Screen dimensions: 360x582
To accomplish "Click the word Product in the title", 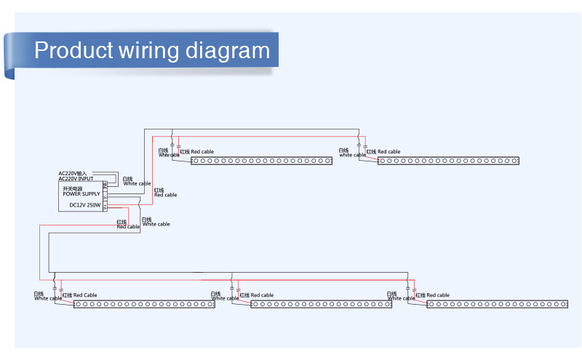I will tap(73, 51).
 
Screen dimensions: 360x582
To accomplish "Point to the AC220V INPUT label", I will tap(76, 178).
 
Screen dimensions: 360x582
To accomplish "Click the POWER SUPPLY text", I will tap(81, 194).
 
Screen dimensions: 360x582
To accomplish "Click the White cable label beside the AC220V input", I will tap(137, 183).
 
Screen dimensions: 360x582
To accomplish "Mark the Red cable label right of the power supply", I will tap(165, 194).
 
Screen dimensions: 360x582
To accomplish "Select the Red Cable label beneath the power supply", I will tap(128, 226).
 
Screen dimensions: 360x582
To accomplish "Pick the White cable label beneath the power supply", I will tap(156, 224).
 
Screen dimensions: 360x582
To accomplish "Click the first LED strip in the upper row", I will tap(262, 161).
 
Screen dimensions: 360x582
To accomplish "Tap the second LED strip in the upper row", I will tap(448, 161).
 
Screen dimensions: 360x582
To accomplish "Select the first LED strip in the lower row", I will tap(144, 304).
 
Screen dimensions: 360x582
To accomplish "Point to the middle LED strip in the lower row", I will tap(321, 304).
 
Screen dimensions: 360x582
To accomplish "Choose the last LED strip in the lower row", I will tap(498, 304).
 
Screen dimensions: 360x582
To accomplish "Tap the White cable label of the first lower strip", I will tap(47, 298).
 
